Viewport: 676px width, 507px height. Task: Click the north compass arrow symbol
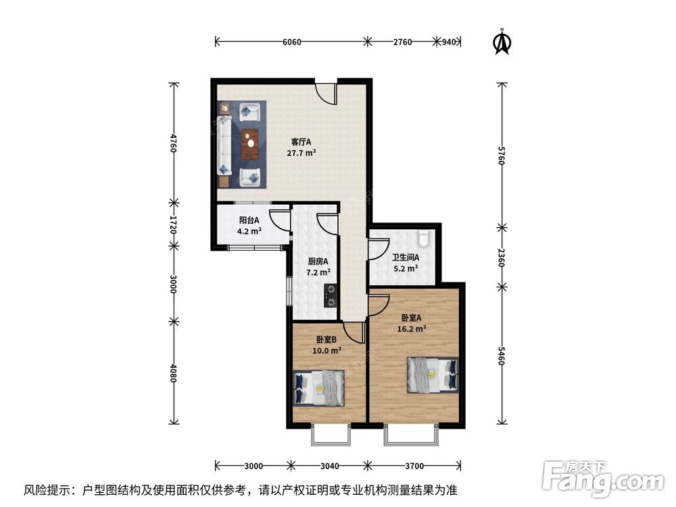tap(501, 42)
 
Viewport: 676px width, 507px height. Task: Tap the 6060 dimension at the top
tap(291, 42)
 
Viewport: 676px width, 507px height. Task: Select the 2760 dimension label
tap(402, 42)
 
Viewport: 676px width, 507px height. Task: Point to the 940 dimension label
tap(448, 42)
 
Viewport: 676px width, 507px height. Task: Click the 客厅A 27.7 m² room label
tap(301, 147)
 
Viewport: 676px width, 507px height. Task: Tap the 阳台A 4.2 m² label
tap(249, 225)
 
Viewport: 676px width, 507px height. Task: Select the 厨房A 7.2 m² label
tap(318, 267)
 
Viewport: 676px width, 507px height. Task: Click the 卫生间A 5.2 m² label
tap(406, 262)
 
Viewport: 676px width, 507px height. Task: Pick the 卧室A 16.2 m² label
tap(412, 323)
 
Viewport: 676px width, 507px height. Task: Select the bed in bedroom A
tap(431, 374)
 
